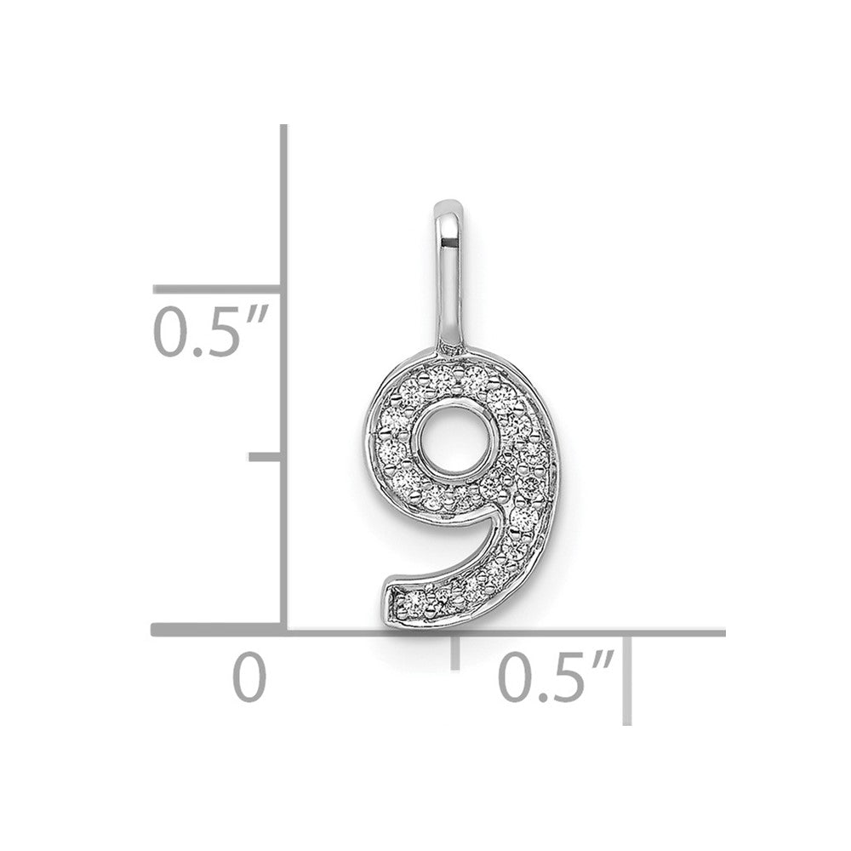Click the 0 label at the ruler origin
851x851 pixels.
249,677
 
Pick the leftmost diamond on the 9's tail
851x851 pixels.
416,602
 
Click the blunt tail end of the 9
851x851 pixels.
391,603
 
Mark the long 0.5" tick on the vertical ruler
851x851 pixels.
217,289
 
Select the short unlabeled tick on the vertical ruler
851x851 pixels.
265,457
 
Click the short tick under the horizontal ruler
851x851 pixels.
455,653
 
